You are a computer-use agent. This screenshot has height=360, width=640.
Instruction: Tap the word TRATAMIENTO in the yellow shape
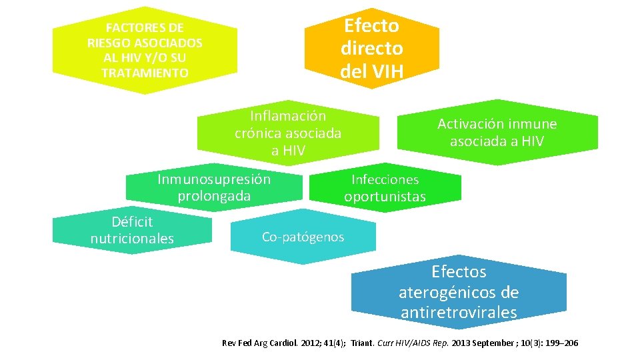pyautogui.click(x=145, y=73)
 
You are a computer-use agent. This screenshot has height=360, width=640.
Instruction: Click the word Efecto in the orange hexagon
pyautogui.click(x=371, y=26)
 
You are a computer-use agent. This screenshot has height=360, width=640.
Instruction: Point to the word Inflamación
pyautogui.click(x=288, y=116)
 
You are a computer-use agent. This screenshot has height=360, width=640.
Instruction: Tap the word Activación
pyautogui.click(x=469, y=124)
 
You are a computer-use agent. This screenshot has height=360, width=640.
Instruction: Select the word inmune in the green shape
pyautogui.click(x=533, y=124)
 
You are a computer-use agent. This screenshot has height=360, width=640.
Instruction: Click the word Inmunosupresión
pyautogui.click(x=214, y=179)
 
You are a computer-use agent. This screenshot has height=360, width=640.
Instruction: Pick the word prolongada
pyautogui.click(x=214, y=196)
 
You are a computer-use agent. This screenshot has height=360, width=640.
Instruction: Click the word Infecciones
pyautogui.click(x=385, y=179)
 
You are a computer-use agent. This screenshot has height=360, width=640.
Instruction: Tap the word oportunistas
pyautogui.click(x=385, y=197)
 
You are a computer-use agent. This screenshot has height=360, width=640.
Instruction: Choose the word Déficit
pyautogui.click(x=132, y=221)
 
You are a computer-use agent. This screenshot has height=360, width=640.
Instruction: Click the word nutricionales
pyautogui.click(x=132, y=239)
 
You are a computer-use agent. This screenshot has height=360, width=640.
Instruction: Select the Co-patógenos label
pyautogui.click(x=303, y=237)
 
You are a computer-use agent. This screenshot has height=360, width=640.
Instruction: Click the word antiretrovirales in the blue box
pyautogui.click(x=459, y=313)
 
